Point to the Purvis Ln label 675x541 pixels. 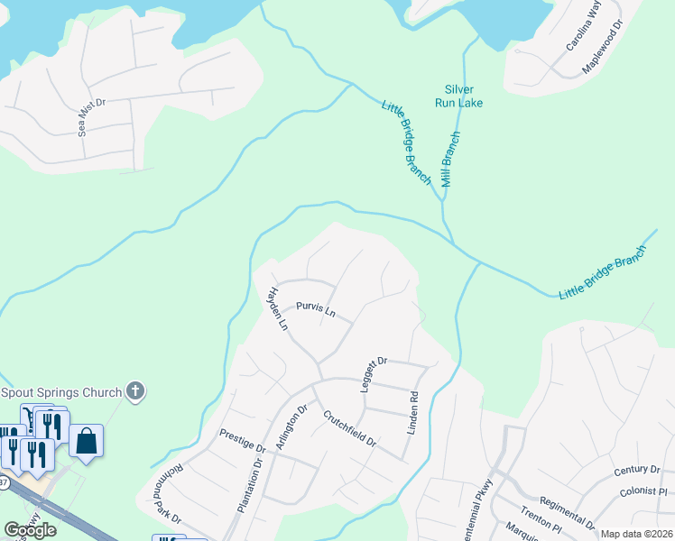316,312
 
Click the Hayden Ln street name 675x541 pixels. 276,308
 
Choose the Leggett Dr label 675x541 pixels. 373,371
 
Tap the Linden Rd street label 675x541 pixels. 413,413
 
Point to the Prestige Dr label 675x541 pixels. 243,441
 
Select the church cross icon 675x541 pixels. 135,391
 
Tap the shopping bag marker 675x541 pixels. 87,442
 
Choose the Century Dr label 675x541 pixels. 637,470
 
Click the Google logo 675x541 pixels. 30,530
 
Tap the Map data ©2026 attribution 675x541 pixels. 636,534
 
